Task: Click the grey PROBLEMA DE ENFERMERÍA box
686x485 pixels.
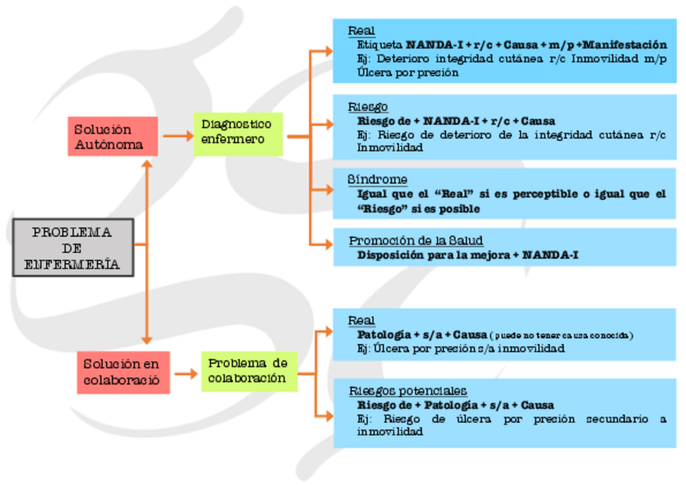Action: (x=73, y=247)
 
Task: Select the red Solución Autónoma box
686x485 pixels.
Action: (x=112, y=137)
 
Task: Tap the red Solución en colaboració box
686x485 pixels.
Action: (x=123, y=372)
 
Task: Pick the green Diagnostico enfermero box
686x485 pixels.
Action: (x=238, y=134)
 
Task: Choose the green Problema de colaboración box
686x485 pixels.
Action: (x=248, y=371)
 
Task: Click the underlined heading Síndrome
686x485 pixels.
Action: (x=377, y=179)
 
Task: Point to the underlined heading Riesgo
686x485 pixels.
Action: (x=368, y=107)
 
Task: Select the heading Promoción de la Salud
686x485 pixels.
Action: (x=416, y=240)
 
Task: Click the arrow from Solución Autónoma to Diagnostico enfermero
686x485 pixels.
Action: (x=176, y=136)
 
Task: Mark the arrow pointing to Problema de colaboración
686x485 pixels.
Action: (x=186, y=373)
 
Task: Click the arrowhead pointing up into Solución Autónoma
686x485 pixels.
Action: (x=146, y=164)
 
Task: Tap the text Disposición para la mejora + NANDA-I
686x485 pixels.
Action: (x=467, y=254)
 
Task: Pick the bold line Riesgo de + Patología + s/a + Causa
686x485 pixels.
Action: (x=455, y=405)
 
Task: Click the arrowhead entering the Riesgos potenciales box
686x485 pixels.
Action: (x=327, y=417)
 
